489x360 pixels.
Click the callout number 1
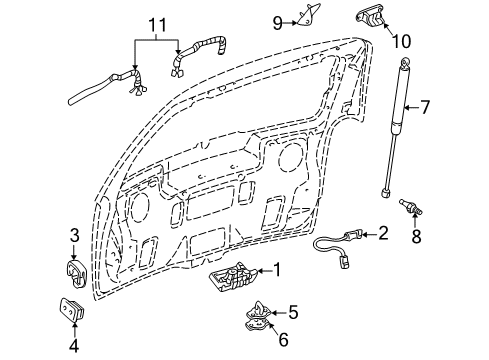pos(279,269)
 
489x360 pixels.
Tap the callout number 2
pos(384,233)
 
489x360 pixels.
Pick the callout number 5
pos(294,311)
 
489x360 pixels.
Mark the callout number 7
pos(453,107)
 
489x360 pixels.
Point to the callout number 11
pos(153,23)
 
